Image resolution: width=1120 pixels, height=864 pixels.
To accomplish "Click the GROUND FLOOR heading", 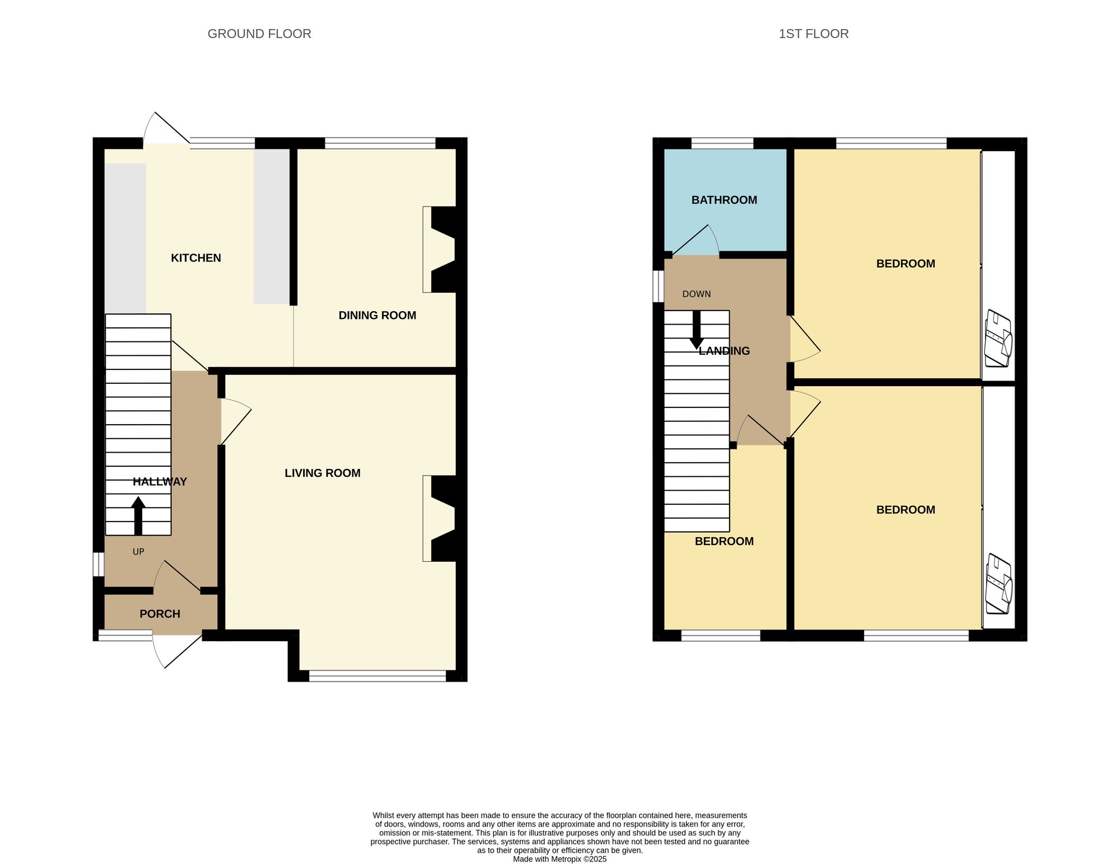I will [259, 34].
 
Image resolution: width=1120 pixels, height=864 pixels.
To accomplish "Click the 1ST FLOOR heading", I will [813, 34].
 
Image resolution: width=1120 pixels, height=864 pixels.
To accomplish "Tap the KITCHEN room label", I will [195, 258].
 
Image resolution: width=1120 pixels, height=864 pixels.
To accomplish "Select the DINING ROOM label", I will [377, 316].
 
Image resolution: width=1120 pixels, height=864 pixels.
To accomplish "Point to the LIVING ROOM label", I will [322, 473].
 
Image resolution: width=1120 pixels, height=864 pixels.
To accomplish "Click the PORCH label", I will [160, 614].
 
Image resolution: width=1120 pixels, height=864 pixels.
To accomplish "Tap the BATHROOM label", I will [724, 200].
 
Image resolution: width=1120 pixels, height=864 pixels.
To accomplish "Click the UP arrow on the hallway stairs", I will [138, 515].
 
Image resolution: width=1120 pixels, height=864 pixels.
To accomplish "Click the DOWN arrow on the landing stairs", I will [696, 330].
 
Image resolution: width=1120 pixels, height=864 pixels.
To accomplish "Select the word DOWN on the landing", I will [696, 294].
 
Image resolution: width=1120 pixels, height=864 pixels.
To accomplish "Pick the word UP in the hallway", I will [138, 552].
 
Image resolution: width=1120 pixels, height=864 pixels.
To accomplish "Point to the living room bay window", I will [377, 675].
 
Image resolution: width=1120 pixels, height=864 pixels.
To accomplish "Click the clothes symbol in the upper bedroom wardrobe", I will [998, 339].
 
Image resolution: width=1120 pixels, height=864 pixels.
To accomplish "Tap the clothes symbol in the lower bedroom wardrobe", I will [998, 584].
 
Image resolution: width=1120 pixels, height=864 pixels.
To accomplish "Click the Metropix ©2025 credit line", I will [559, 859].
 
